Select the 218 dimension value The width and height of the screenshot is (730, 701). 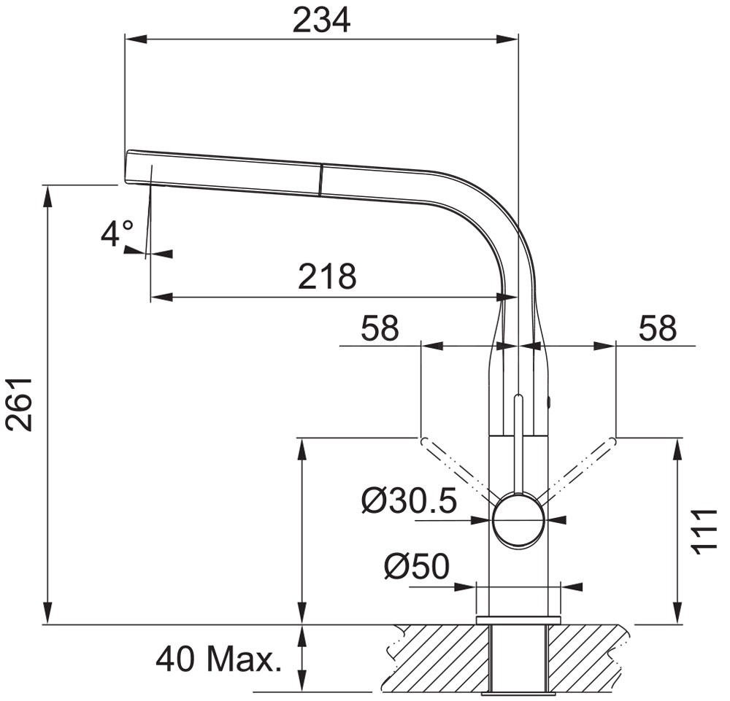click(x=327, y=276)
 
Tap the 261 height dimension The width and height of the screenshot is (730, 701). click(x=19, y=405)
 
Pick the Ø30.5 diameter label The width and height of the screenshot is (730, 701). click(x=410, y=501)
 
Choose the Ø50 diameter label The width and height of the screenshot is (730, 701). click(x=417, y=566)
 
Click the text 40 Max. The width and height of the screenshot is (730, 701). click(x=219, y=659)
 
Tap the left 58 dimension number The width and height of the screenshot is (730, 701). click(x=380, y=328)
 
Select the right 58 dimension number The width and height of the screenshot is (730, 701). click(x=657, y=328)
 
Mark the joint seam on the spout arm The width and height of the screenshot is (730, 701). click(x=320, y=179)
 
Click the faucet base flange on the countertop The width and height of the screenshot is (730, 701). click(x=518, y=620)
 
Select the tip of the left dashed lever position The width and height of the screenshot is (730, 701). click(x=422, y=440)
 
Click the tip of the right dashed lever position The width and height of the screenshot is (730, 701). click(x=614, y=440)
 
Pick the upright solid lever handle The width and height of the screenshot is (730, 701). click(x=518, y=444)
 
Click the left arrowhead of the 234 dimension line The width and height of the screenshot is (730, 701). click(x=136, y=39)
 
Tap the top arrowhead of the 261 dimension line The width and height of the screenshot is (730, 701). click(x=47, y=195)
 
